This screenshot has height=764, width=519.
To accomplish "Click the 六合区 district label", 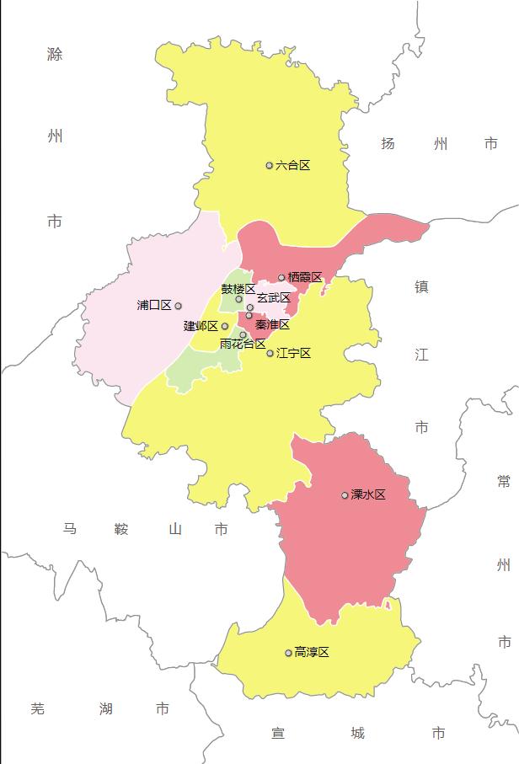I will [293, 165].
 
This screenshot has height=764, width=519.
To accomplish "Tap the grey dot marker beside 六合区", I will [270, 165].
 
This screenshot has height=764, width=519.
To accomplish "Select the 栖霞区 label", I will [305, 277].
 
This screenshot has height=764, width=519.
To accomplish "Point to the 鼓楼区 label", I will [238, 289].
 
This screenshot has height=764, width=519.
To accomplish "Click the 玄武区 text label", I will [274, 298].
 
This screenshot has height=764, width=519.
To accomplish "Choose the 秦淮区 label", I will [272, 324].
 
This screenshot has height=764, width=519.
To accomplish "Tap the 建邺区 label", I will [201, 326].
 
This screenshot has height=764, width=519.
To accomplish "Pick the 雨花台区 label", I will [243, 344].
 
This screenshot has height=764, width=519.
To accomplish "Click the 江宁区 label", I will [294, 353].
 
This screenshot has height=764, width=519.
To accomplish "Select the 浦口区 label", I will [154, 305].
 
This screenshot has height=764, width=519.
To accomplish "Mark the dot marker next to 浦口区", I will [178, 306].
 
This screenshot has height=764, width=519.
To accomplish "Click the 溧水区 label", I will [369, 494].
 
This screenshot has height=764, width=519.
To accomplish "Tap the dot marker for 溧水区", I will [345, 494].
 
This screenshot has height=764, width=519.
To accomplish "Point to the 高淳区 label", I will [312, 652].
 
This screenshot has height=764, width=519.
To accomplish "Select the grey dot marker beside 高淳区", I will [288, 653].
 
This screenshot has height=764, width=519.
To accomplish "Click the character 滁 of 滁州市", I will [55, 55].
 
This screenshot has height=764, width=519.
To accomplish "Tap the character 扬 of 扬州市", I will [388, 144].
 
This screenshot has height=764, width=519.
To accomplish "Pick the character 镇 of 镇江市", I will [421, 286].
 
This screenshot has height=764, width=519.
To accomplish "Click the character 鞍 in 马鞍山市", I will [121, 529].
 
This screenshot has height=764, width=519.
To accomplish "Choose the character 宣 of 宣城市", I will [278, 734].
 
